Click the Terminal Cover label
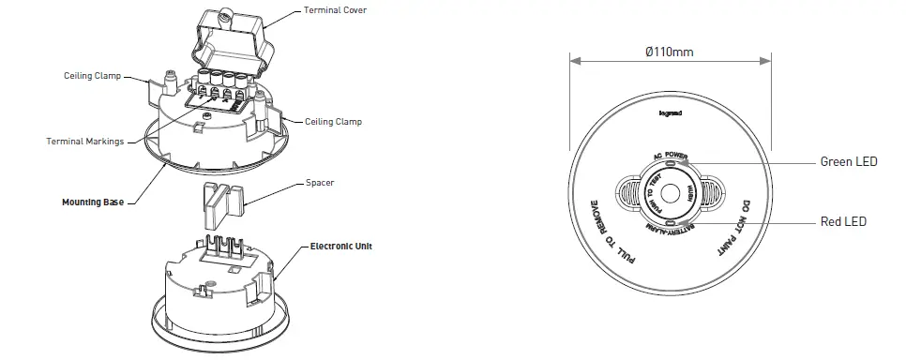point(335,9)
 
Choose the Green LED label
point(848,162)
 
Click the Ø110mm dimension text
point(669,50)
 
